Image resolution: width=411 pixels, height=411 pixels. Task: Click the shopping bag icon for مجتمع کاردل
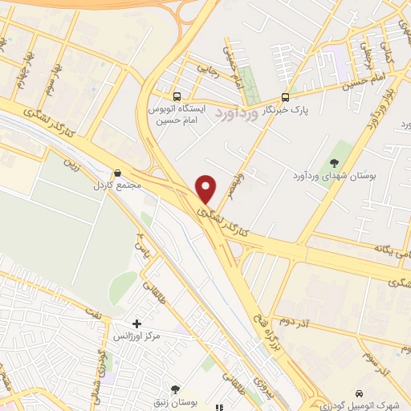point(118,172)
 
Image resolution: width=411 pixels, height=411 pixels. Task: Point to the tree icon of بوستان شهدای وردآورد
point(334,164)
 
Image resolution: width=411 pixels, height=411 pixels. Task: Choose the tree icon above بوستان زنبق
point(176,389)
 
